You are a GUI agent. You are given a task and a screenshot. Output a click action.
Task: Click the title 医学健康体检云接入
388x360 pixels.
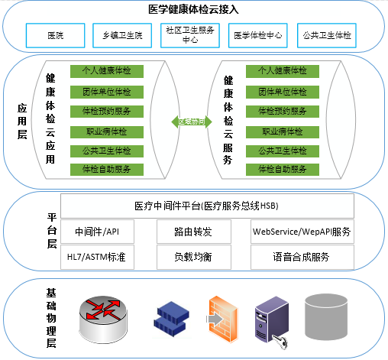(x=193, y=9)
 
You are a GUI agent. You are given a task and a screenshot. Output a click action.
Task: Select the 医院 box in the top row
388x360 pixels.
(x=56, y=35)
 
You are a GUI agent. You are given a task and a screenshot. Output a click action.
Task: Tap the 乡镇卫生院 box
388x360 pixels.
(x=122, y=35)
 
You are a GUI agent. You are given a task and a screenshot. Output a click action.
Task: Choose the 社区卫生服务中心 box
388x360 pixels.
(x=190, y=35)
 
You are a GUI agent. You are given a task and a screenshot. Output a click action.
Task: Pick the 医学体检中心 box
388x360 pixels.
(x=258, y=35)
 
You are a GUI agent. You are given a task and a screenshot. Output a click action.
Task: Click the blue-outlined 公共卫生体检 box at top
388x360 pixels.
(x=327, y=35)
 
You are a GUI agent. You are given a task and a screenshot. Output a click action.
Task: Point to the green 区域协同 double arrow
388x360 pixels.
(x=192, y=122)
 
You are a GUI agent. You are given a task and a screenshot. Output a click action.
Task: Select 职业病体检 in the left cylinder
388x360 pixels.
(x=107, y=132)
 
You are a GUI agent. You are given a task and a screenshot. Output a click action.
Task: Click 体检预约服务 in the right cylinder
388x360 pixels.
(x=283, y=112)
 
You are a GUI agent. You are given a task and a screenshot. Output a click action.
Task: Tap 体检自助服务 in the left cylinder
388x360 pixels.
(x=107, y=170)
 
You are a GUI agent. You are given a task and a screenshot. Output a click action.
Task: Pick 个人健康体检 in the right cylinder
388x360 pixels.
(x=283, y=71)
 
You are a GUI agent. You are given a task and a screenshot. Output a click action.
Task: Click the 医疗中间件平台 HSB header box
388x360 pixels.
(x=207, y=206)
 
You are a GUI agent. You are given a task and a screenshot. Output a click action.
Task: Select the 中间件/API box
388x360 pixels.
(x=97, y=232)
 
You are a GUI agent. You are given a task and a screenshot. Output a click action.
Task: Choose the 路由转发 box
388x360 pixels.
(x=194, y=232)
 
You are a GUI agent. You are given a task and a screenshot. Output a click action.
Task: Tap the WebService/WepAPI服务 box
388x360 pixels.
(x=302, y=232)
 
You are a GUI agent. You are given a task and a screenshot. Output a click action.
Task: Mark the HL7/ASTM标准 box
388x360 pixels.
(x=97, y=257)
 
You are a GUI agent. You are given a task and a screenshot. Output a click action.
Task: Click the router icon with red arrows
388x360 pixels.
(x=103, y=319)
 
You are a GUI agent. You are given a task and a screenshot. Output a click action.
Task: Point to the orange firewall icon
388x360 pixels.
(x=222, y=319)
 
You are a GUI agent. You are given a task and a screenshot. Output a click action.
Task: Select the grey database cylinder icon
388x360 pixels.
(x=326, y=316)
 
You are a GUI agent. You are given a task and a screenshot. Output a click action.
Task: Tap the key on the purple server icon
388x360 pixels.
(x=280, y=342)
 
